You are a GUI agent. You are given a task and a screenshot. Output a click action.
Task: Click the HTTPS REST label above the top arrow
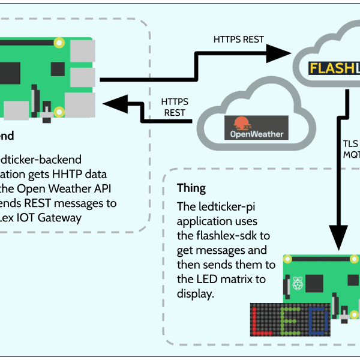(x=239, y=40)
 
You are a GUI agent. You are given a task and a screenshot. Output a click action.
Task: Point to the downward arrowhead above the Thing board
(x=340, y=236)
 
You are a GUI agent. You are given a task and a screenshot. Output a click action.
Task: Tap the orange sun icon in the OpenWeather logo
(x=241, y=123)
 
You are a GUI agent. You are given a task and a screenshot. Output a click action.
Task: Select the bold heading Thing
(x=191, y=188)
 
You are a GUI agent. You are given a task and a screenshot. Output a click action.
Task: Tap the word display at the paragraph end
(x=196, y=294)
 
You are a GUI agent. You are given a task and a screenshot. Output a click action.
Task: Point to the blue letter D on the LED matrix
(x=317, y=321)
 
